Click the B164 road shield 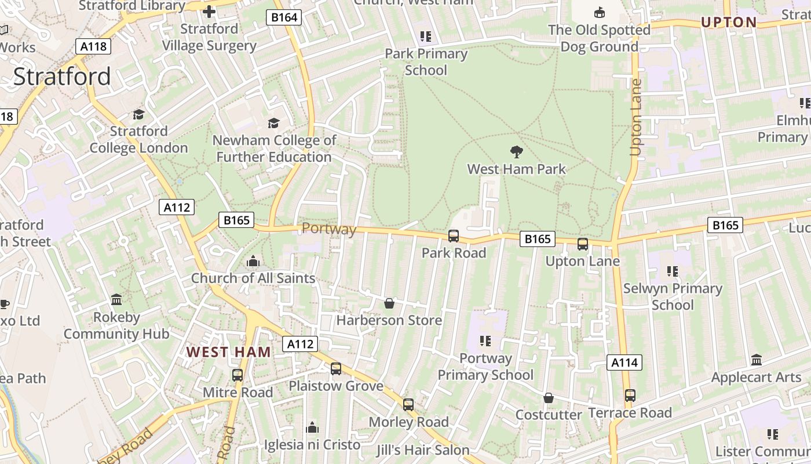tap(284, 17)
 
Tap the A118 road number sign tap(93, 46)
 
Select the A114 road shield tap(624, 363)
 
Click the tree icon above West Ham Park tap(516, 152)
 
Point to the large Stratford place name tap(62, 77)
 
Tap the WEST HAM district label tap(229, 352)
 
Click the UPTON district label tap(729, 23)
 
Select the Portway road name tap(329, 229)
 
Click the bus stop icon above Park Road tap(454, 236)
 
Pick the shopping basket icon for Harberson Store tap(389, 303)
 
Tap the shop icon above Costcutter tap(548, 398)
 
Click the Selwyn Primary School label tap(673, 296)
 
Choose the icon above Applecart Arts tap(757, 360)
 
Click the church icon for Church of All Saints tap(253, 262)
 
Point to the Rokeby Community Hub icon tap(116, 300)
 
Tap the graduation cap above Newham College tap(273, 123)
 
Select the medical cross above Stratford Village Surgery tap(209, 12)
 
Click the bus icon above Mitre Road tap(238, 375)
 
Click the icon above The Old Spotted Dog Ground tap(600, 12)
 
